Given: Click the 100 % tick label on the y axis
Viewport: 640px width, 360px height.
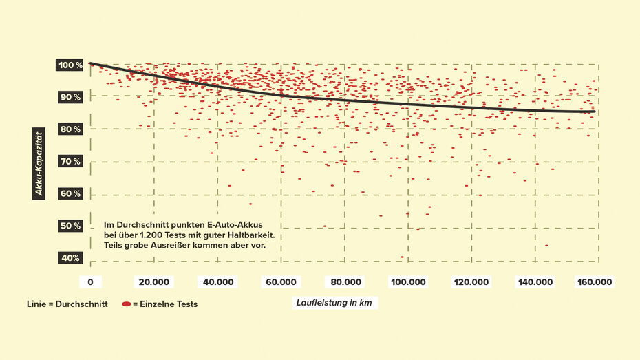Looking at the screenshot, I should coord(70,65).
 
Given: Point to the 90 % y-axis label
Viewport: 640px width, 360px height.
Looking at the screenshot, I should coord(70,97).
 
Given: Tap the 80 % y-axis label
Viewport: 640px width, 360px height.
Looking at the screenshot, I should coord(70,129).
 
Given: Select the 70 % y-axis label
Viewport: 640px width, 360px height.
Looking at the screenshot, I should coord(70,162).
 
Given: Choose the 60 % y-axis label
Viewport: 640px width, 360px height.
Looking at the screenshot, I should coord(70,193).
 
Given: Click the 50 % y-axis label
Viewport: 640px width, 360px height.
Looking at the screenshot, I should coord(70,226).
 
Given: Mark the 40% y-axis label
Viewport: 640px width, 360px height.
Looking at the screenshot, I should coord(70,258).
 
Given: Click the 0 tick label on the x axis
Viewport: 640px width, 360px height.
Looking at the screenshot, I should coord(90,282).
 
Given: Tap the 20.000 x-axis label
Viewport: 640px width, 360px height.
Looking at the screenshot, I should coord(154,282).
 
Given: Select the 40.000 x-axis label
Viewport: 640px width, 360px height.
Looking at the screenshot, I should coord(217,282).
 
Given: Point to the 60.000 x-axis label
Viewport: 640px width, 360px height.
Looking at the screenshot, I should coord(281,282).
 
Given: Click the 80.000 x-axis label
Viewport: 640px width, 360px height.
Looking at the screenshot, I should coord(345,282).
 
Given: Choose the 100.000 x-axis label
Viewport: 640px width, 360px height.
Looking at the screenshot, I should coord(408,282).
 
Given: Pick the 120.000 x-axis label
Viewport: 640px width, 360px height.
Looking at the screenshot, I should coord(471,282).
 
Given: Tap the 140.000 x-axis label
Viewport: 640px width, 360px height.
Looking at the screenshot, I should coord(535,282).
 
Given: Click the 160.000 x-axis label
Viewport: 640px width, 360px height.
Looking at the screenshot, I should coord(595,282).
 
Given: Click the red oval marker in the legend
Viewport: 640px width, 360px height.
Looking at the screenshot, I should coord(126,304).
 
